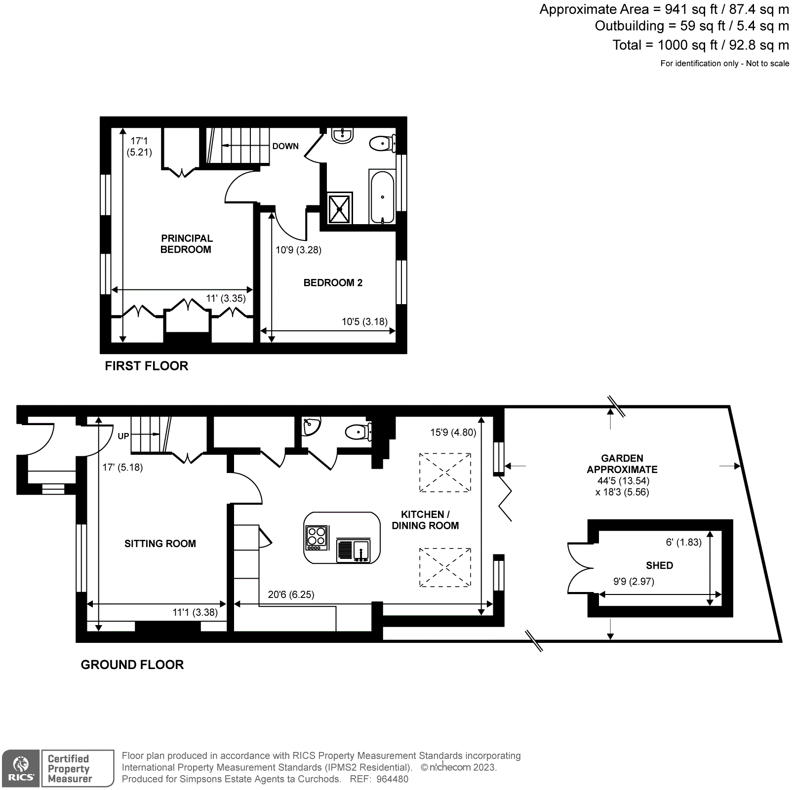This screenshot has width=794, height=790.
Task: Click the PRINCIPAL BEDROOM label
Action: [186, 244]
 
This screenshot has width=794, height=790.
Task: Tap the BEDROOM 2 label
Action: [333, 283]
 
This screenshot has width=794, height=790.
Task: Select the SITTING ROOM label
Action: [160, 544]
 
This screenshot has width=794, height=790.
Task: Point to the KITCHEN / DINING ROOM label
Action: [425, 520]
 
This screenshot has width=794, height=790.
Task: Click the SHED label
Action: [659, 565]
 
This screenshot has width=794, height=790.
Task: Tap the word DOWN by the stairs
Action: [285, 146]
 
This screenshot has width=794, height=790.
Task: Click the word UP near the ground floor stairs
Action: [123, 436]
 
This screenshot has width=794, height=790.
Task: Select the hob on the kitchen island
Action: [317, 538]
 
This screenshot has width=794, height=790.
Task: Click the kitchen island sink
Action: [354, 550]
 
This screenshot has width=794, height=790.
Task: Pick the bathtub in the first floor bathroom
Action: [382, 197]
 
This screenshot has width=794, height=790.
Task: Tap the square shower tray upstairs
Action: [340, 208]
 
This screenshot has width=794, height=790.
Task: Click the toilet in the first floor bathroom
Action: [381, 144]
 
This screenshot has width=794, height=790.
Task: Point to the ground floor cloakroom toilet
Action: [357, 433]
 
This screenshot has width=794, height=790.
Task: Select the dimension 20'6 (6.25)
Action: [291, 594]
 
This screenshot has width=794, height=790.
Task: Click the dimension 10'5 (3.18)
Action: [364, 322]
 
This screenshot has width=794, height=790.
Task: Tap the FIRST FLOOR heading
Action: [147, 366]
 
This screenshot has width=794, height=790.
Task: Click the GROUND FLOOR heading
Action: [132, 665]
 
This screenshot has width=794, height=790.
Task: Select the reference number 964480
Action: [392, 779]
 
